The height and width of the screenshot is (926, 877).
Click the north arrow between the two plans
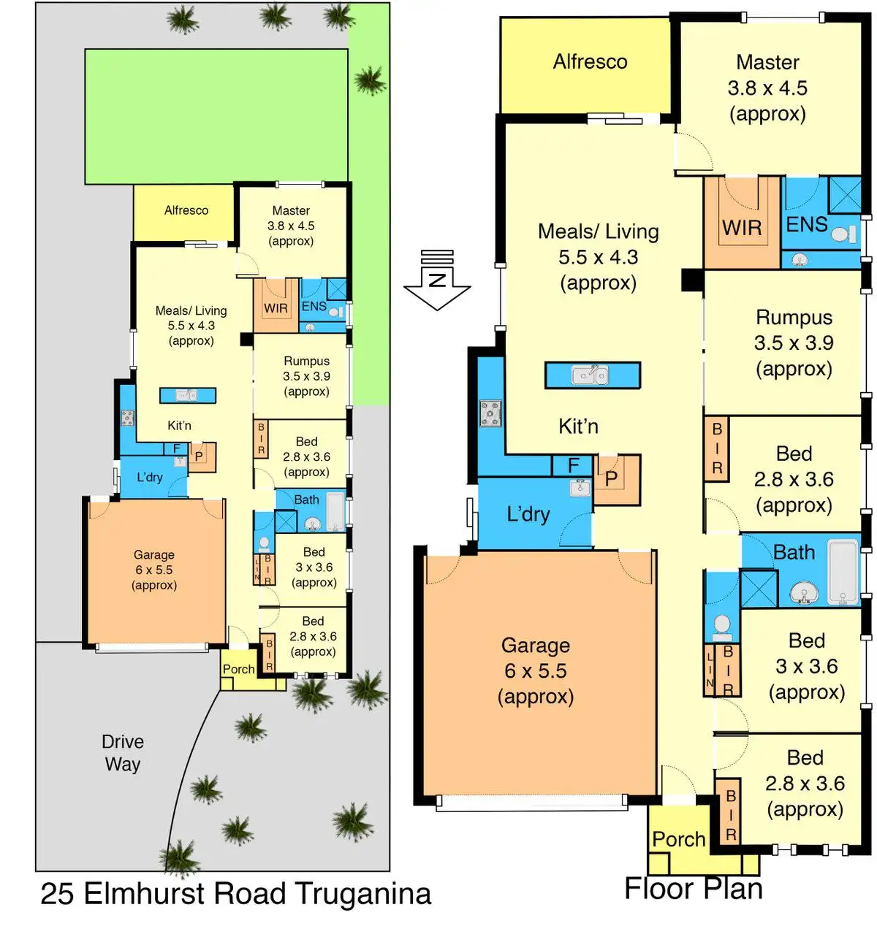click(437, 280)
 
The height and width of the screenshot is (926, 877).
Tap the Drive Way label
click(123, 753)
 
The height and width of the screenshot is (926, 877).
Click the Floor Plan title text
click(694, 889)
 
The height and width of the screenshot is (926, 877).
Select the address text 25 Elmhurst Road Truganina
click(235, 894)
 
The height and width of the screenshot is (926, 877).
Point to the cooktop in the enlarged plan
click(490, 413)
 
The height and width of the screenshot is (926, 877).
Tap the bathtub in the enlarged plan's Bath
click(843, 573)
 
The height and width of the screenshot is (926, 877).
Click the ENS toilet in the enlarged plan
click(843, 234)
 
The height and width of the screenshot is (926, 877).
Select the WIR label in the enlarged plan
click(742, 228)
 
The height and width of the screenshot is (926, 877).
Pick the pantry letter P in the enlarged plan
click(611, 478)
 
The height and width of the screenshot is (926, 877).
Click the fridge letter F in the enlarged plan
click(574, 465)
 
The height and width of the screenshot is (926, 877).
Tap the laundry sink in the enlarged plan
click(580, 487)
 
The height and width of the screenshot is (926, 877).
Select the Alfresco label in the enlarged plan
click(590, 61)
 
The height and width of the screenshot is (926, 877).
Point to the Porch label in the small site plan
click(238, 669)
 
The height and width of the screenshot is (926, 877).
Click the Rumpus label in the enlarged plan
click(794, 318)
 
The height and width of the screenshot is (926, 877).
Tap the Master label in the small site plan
click(291, 210)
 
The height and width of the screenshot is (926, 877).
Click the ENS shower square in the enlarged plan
click(846, 195)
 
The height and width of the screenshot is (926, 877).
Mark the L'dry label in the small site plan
click(150, 477)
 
